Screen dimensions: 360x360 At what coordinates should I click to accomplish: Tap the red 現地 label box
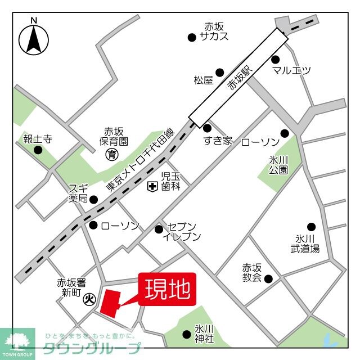(168, 289)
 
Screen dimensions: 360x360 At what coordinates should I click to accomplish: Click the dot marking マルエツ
(276, 59)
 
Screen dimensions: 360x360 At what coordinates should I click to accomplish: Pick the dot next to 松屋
(220, 72)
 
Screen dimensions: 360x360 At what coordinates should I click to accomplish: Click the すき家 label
(218, 141)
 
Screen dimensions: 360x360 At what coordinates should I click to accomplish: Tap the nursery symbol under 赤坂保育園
(112, 154)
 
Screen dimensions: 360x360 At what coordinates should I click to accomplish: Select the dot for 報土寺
(38, 150)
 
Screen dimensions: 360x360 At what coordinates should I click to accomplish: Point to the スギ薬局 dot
(94, 199)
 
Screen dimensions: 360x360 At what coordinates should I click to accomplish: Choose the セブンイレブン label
(181, 231)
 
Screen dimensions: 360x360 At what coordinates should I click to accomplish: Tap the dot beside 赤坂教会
(268, 278)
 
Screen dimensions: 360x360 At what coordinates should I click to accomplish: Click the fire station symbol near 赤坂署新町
(89, 299)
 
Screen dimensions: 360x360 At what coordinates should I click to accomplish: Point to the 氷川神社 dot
(187, 334)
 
